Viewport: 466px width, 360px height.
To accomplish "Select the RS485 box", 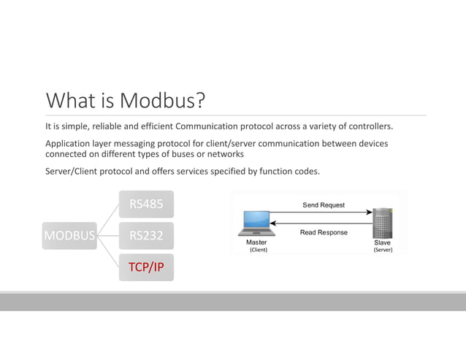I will (x=146, y=204).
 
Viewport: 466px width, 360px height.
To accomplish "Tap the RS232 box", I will (x=146, y=236).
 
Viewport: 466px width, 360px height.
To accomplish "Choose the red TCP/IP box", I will (x=146, y=267).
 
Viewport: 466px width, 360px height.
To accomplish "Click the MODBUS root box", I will (x=69, y=236).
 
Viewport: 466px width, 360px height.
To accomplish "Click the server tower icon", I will (x=382, y=223).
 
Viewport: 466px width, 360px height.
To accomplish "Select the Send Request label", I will (x=324, y=205).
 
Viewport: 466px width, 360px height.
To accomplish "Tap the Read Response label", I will (x=324, y=232).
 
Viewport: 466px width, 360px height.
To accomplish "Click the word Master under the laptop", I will (x=256, y=242).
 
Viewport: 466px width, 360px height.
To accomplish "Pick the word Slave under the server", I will (x=383, y=242).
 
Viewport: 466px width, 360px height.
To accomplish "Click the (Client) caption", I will (x=258, y=250).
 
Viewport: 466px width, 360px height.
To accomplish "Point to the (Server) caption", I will (x=383, y=250).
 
